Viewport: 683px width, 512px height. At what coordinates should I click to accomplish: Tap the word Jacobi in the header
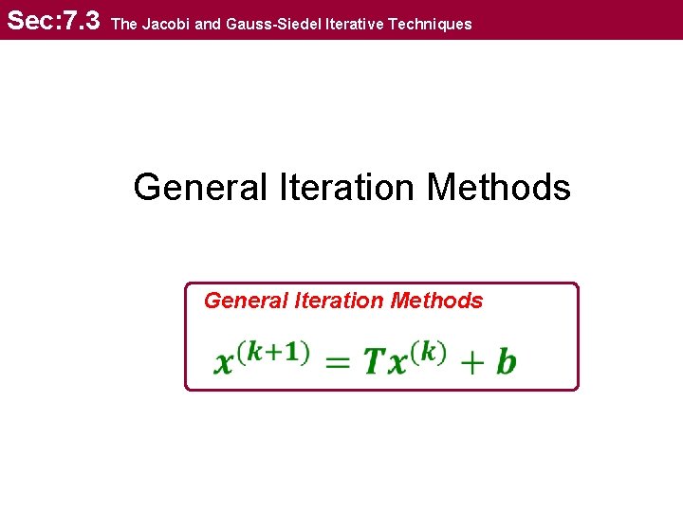[x=165, y=24]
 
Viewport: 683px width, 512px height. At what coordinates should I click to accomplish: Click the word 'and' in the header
[x=207, y=24]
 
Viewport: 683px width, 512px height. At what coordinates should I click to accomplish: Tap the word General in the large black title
[x=200, y=187]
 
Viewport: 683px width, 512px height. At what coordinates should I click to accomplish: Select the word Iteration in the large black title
[x=348, y=187]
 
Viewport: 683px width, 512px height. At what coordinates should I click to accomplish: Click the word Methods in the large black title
[x=499, y=187]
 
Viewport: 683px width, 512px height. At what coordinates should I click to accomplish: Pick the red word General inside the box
[x=245, y=301]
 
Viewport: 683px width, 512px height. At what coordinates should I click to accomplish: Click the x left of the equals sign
[x=226, y=362]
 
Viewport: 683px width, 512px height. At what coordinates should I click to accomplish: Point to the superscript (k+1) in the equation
[x=273, y=352]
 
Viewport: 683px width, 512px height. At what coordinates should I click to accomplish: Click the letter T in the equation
[x=374, y=361]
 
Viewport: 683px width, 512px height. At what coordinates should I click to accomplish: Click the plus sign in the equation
[x=471, y=362]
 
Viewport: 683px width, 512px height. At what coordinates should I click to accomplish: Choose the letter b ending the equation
[x=506, y=360]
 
